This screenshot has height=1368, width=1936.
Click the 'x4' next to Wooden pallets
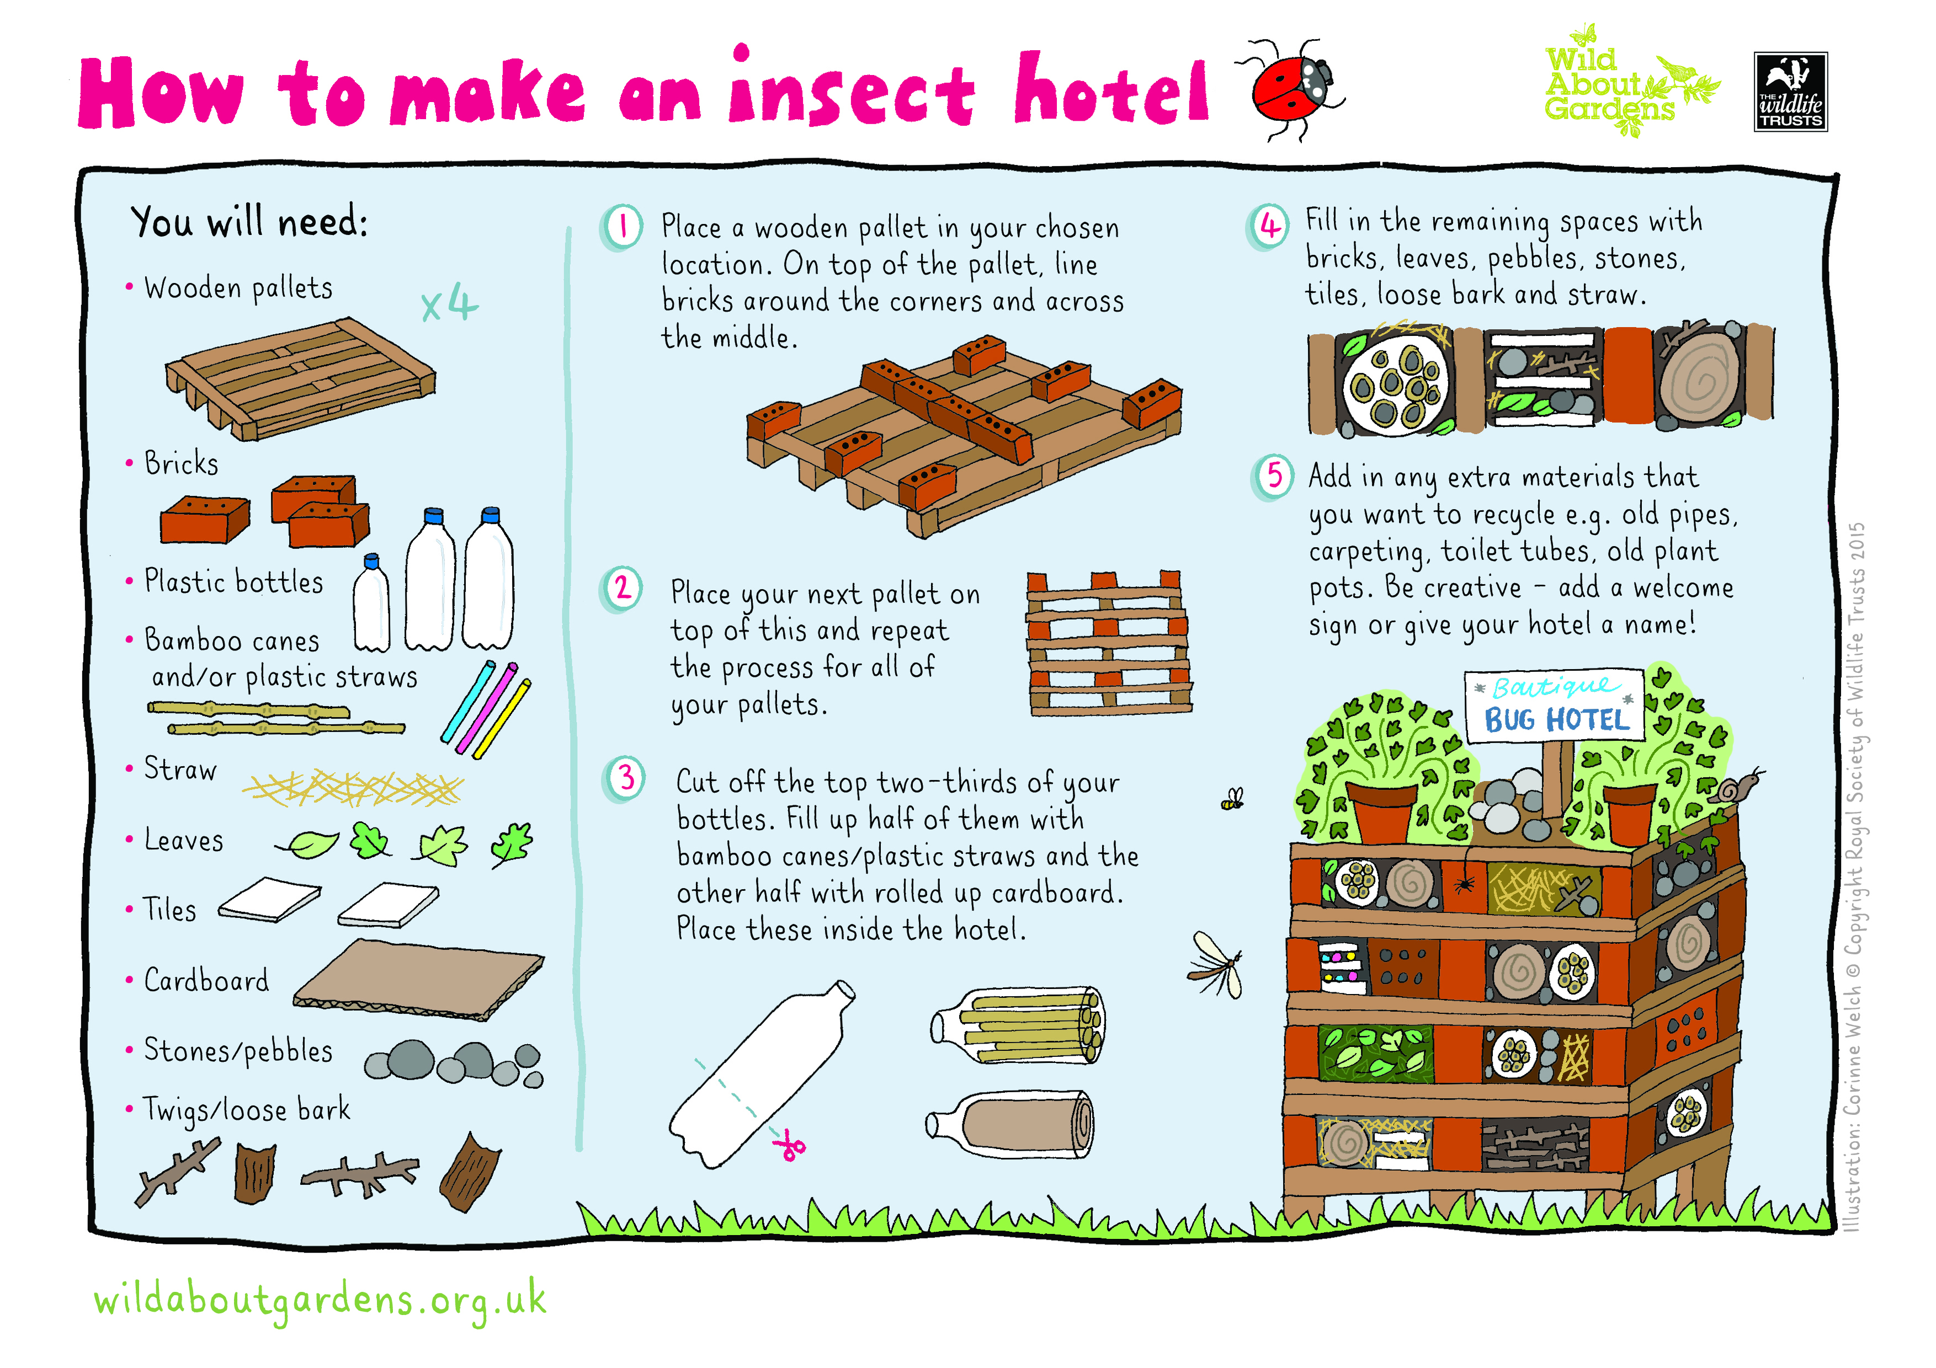tap(449, 303)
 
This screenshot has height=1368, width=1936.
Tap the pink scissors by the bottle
tap(790, 1146)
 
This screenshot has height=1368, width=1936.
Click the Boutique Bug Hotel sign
tap(1555, 706)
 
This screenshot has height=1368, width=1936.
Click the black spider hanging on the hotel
tap(1465, 884)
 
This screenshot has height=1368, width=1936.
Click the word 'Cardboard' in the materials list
tap(206, 980)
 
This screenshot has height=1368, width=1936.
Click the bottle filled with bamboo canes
tap(1017, 1026)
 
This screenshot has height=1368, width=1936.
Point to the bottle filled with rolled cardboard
tap(1010, 1124)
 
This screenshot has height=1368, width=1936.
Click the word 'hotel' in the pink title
tap(1112, 89)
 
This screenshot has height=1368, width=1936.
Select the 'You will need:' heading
tap(249, 222)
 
